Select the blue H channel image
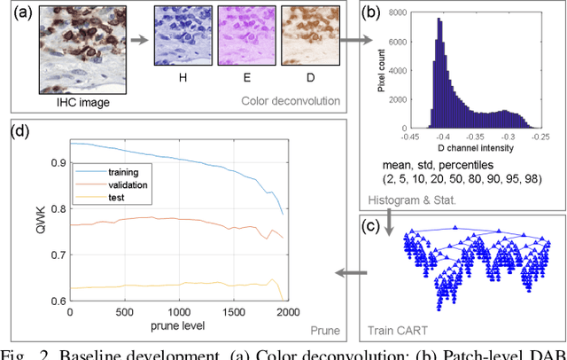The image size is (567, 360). click(x=181, y=35)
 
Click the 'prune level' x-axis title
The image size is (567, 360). click(x=181, y=327)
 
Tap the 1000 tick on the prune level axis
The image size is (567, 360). click(x=180, y=313)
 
